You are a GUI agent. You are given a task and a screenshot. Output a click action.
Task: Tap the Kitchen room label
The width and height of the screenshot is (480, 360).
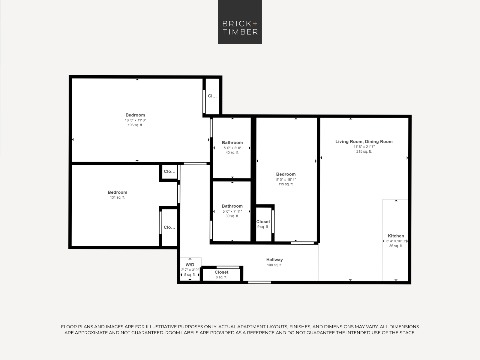click(x=396, y=236)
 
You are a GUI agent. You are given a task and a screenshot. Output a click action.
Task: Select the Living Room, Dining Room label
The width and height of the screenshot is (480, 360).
click(x=364, y=142)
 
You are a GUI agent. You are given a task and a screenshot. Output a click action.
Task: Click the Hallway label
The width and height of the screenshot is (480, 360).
click(x=274, y=260)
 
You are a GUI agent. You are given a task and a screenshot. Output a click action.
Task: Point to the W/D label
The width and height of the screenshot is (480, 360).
click(x=190, y=265)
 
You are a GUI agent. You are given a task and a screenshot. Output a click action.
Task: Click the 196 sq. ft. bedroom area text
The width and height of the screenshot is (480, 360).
click(x=135, y=125)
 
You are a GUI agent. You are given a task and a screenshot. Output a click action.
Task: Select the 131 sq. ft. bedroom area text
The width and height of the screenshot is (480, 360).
click(x=117, y=197)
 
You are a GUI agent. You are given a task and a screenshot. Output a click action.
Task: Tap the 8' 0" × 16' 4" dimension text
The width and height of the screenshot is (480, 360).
click(x=286, y=179)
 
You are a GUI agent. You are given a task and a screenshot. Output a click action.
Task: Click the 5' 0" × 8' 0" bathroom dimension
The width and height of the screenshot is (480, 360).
click(x=232, y=148)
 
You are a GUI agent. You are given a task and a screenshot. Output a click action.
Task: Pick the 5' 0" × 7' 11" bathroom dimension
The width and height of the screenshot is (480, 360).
click(x=232, y=211)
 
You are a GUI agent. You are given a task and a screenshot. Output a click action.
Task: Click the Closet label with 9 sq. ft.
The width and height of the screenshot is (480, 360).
click(x=263, y=222)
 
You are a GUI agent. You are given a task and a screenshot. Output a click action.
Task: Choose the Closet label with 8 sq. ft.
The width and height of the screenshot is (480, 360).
click(x=221, y=272)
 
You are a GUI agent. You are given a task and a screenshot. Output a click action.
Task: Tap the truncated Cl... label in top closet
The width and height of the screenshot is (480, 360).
click(x=212, y=96)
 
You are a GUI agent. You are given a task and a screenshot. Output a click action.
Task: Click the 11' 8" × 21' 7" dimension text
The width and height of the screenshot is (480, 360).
click(x=364, y=147)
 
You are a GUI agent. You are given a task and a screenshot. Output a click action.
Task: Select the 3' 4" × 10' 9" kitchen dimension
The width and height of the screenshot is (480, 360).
click(x=396, y=241)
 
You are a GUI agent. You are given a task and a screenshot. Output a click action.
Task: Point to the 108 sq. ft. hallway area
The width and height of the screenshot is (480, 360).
click(x=274, y=265)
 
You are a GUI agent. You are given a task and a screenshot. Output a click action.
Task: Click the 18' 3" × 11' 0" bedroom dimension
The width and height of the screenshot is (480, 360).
click(x=135, y=120)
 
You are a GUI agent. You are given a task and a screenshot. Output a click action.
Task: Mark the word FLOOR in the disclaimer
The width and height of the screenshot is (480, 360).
click(x=69, y=327)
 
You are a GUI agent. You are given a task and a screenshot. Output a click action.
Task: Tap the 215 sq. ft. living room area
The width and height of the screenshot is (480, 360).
click(x=364, y=151)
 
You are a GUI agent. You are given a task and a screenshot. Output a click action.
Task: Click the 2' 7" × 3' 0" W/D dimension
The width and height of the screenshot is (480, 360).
click(x=190, y=270)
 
